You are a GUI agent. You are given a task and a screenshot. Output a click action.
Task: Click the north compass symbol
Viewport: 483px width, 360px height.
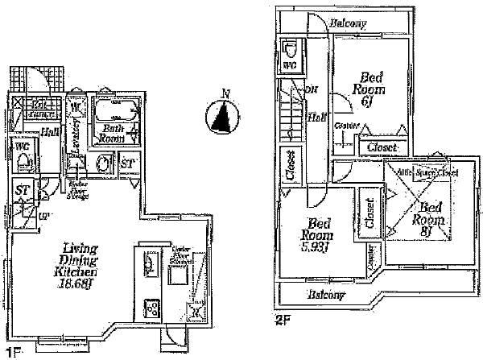point(223,115)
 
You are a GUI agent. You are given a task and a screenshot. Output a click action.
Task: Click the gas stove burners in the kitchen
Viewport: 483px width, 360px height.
point(151,308)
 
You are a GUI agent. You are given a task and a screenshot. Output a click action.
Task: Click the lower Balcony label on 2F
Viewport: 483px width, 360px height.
point(326,295)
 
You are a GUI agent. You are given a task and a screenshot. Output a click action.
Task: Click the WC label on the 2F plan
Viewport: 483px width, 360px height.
point(289,63)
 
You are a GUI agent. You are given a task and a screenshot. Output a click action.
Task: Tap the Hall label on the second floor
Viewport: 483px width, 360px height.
point(316,118)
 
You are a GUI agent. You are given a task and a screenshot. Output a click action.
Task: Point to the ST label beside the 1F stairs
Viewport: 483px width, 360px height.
point(22,189)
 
